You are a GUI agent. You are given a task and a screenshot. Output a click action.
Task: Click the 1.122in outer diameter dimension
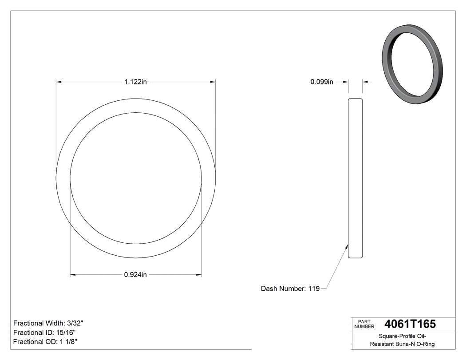tap(135, 82)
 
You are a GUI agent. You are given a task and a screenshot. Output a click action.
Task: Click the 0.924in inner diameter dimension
tap(135, 275)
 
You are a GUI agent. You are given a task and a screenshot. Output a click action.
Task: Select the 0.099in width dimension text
tap(321, 82)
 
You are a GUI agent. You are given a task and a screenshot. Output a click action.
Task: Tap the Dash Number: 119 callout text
tap(290, 289)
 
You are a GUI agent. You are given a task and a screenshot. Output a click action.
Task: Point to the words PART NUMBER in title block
tap(364, 324)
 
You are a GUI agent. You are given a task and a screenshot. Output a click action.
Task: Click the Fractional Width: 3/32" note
tap(48, 323)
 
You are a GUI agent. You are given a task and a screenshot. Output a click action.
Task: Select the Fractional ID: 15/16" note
tap(44, 332)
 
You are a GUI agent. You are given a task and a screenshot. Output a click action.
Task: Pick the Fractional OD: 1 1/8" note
tap(46, 342)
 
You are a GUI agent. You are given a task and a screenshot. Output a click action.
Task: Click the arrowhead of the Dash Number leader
tap(347, 245)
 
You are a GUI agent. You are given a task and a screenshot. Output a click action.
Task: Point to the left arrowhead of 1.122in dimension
tap(58, 82)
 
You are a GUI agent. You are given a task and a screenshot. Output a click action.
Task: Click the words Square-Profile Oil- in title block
tap(403, 336)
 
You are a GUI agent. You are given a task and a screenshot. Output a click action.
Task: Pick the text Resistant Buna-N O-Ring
tap(403, 344)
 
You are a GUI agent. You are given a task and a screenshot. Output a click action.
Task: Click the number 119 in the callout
tap(314, 289)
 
